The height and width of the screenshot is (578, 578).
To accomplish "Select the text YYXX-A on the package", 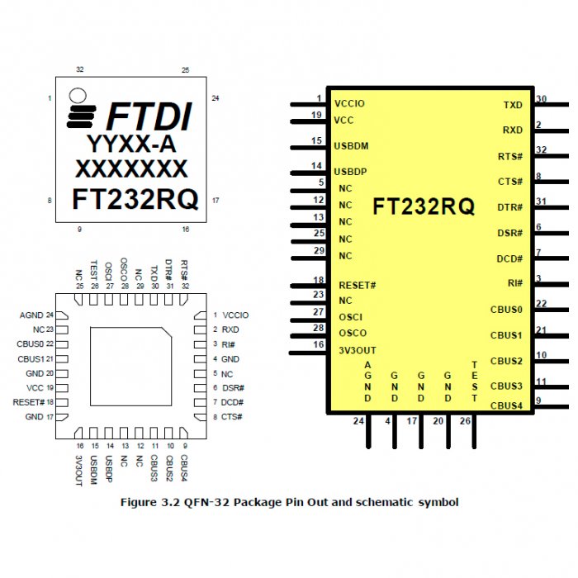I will point(131,144).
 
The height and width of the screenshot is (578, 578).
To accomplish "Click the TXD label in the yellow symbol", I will point(513,106).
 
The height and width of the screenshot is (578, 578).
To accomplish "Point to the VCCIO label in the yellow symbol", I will point(349,104).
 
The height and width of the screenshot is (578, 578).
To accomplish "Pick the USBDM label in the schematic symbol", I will point(351,146).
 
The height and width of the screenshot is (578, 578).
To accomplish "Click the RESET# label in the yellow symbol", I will point(358,285).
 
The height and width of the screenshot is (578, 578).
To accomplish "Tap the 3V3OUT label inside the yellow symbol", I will point(358,350).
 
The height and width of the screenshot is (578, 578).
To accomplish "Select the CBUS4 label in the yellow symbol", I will point(506,405).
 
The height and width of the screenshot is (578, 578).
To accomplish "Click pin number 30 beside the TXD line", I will point(542,99).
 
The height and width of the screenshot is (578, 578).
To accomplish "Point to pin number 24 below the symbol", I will point(358,421).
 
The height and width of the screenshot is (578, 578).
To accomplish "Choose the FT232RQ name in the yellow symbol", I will point(424,206).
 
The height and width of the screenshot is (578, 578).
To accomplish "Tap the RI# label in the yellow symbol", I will point(515,283).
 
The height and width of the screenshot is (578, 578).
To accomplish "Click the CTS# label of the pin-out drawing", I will point(232,417).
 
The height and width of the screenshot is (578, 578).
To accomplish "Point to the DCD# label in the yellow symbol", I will point(509,258).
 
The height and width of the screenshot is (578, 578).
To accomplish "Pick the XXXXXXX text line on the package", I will point(131,169).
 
